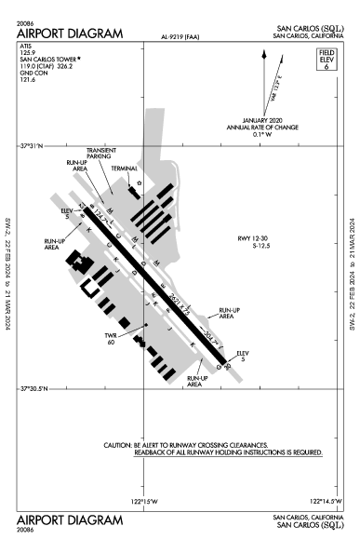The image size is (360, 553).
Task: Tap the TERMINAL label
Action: click(x=124, y=167)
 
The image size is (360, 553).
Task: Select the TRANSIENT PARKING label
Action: click(x=100, y=154)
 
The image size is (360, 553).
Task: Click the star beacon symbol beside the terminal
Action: click(x=140, y=182)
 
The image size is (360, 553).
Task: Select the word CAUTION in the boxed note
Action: click(x=122, y=445)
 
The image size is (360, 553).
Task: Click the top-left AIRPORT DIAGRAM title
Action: click(x=70, y=34)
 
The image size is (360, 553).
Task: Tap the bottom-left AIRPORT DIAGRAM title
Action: click(x=70, y=516)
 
